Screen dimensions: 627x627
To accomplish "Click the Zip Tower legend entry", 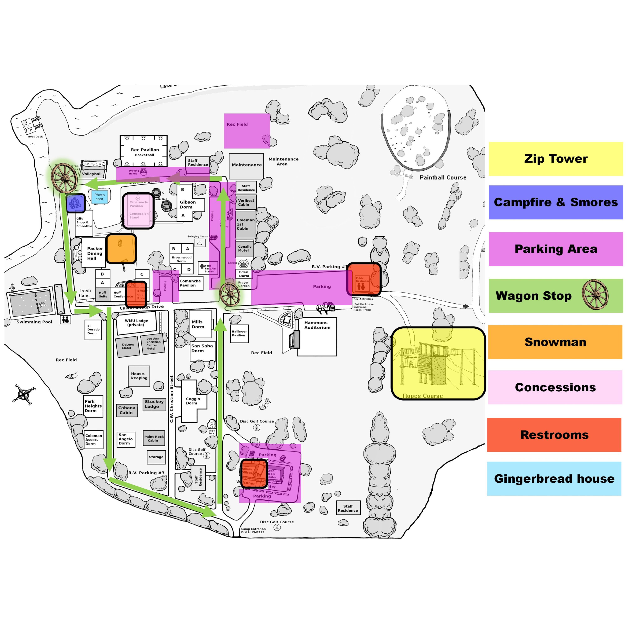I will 555,159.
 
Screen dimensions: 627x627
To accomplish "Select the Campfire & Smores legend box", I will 555,202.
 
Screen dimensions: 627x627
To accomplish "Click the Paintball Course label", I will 443,178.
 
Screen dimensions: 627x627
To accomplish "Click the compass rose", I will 24,394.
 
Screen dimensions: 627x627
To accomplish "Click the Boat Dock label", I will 35,137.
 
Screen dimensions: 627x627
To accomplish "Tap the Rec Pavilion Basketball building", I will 144,151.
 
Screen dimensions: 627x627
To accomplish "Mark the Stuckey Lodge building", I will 154,404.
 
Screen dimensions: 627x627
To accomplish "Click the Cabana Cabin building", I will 127,410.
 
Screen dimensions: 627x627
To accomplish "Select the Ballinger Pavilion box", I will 239,333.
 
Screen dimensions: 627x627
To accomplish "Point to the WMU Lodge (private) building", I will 136,323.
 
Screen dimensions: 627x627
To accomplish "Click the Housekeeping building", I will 139,376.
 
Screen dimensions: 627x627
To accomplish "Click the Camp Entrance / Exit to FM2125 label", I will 253,530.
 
